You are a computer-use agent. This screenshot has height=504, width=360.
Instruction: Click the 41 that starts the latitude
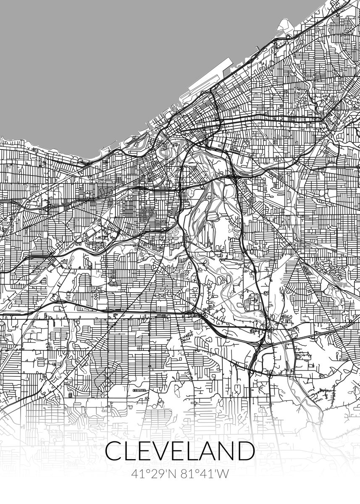tap(137, 474)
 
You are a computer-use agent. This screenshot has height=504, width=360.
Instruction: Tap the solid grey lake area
tap(105, 63)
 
